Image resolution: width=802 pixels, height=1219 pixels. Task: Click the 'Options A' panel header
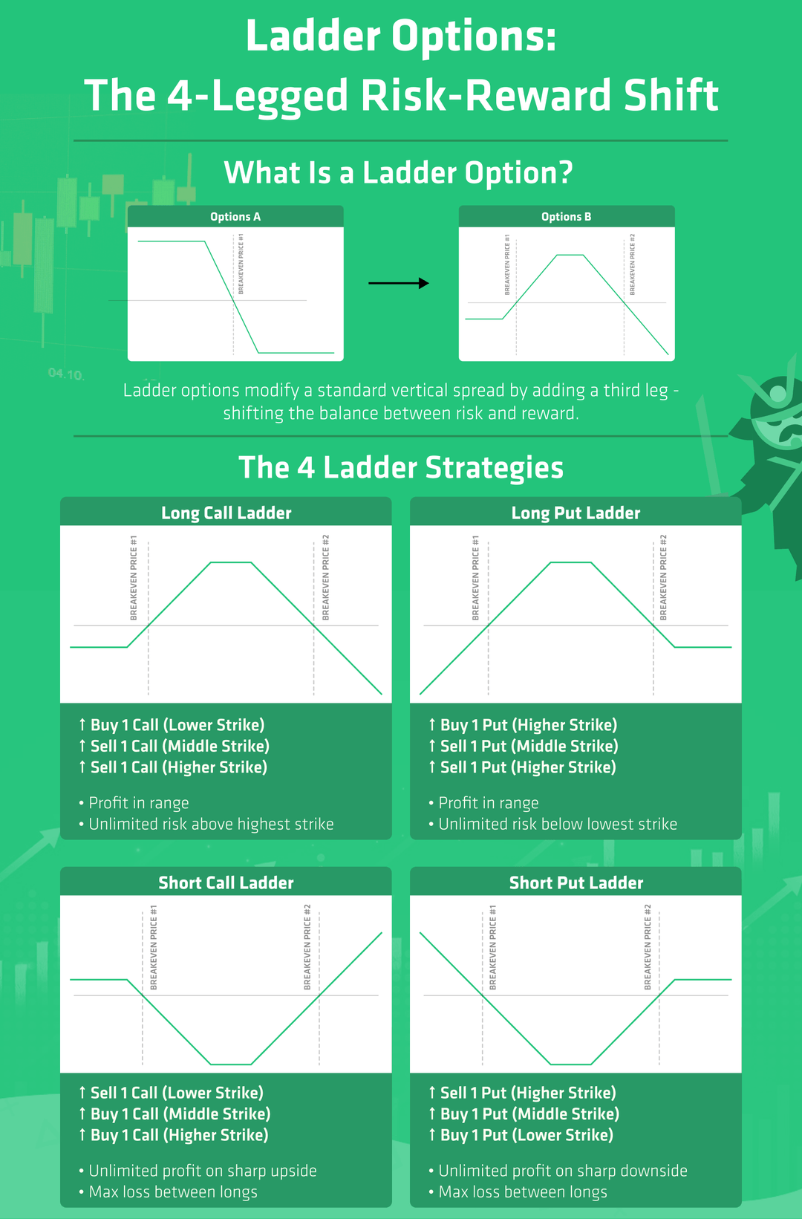pos(235,217)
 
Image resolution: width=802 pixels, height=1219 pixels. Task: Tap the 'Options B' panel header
pos(567,217)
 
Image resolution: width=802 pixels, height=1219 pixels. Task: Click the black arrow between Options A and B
pos(399,283)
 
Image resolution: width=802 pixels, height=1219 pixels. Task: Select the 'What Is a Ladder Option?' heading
pos(399,173)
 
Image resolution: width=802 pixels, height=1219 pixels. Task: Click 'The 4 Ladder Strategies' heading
pos(401,468)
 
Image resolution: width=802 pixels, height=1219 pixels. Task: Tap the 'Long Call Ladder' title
pos(226,513)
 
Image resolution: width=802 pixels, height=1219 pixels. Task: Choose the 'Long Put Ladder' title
pos(576,513)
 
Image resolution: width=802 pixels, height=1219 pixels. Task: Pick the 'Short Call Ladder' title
pos(226,882)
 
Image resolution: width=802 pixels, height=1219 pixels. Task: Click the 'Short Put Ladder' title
pos(576,882)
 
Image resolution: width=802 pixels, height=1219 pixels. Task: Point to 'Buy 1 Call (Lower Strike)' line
pos(177,725)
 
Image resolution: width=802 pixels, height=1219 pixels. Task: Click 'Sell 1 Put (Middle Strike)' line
pos(529,746)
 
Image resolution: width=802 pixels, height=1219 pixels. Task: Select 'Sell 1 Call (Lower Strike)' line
pos(177,1093)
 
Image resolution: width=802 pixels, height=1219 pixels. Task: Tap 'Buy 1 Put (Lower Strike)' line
pos(526,1135)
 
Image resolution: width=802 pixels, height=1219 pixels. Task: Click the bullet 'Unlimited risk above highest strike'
pos(211,824)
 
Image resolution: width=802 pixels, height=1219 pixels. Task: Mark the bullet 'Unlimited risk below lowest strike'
pos(558,824)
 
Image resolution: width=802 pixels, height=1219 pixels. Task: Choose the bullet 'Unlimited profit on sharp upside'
pos(203,1171)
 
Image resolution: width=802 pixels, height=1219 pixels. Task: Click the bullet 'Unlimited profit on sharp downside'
pos(563,1171)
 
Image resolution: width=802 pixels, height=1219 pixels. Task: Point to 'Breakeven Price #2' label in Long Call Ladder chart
pos(325,577)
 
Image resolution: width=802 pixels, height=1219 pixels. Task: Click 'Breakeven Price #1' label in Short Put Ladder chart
pos(492,947)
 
